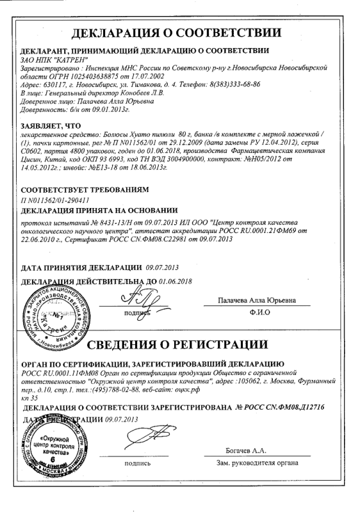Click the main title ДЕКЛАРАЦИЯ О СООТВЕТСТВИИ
click(179, 33)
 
